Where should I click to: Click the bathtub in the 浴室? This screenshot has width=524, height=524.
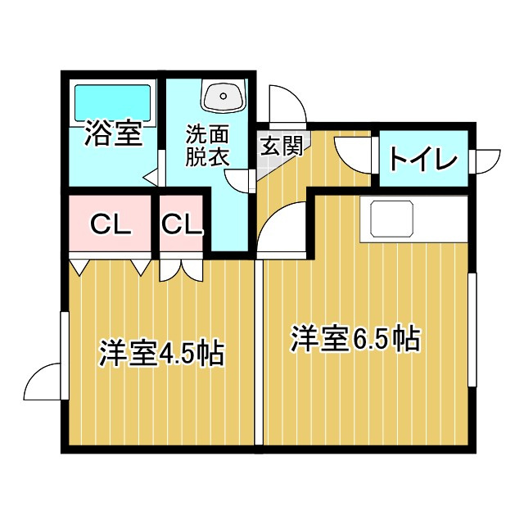point(113,102)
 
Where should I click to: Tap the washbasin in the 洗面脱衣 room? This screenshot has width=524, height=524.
point(224,97)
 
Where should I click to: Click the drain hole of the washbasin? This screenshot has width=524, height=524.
point(224,97)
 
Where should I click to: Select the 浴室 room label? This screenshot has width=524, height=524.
point(113,133)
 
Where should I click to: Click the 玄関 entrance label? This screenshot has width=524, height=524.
point(282,146)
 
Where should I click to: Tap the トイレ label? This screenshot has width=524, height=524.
point(423,159)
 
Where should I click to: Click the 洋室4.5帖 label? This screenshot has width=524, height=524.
point(161,353)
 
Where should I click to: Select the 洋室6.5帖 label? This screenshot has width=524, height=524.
point(356,338)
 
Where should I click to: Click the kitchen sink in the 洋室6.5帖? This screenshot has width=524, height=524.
point(391,219)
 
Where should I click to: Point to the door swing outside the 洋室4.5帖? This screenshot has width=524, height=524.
point(43,382)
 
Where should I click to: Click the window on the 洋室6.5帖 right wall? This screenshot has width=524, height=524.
point(472,329)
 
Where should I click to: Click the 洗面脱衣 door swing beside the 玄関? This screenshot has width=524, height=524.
point(238,181)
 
